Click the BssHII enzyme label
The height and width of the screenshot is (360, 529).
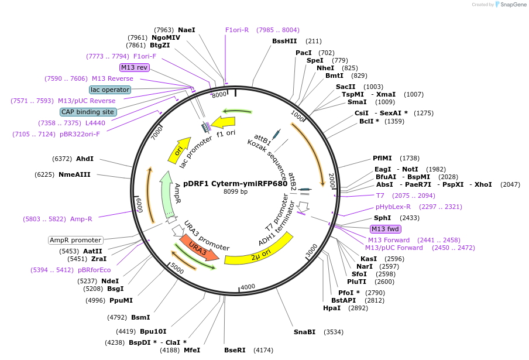pyautogui.click(x=284, y=41)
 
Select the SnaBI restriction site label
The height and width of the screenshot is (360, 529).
pyautogui.click(x=304, y=332)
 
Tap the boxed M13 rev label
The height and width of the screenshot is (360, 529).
pyautogui.click(x=134, y=67)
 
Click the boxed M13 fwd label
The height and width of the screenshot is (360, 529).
pyautogui.click(x=385, y=229)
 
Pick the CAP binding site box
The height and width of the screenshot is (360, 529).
pyautogui.click(x=88, y=112)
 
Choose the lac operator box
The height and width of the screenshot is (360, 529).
pyautogui.click(x=109, y=90)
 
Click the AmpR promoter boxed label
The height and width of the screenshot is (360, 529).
pyautogui.click(x=75, y=240)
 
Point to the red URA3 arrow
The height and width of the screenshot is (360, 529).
pyautogui.click(x=200, y=249)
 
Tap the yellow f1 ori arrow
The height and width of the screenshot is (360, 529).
pyautogui.click(x=224, y=122)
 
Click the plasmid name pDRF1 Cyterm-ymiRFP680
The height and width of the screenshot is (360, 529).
pyautogui.click(x=235, y=183)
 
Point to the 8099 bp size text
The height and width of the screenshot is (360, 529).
pyautogui.click(x=235, y=191)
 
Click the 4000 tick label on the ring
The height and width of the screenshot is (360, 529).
pyautogui.click(x=248, y=286)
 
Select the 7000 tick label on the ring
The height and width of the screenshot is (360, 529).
pyautogui.click(x=156, y=134)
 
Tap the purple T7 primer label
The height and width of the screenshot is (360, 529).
pyautogui.click(x=380, y=196)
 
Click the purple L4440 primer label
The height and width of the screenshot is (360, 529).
pyautogui.click(x=95, y=123)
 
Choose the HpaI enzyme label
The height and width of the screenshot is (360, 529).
pyautogui.click(x=332, y=308)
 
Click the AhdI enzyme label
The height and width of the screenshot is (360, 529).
pyautogui.click(x=85, y=159)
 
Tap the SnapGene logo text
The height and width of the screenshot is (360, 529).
pyautogui.click(x=513, y=5)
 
